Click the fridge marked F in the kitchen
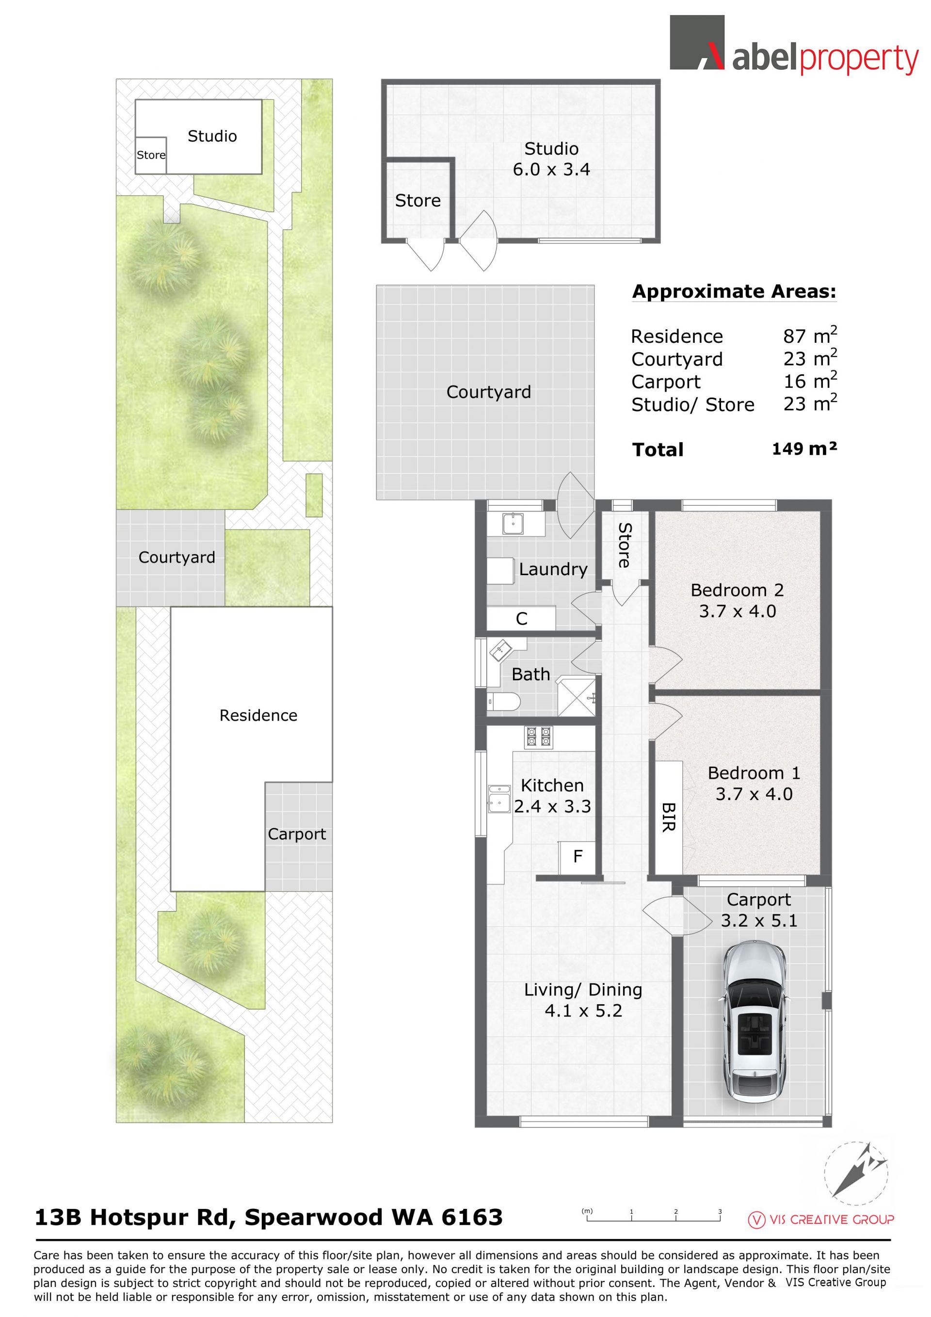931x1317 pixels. point(577,857)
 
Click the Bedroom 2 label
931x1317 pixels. point(737,590)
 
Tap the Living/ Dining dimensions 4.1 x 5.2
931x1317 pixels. point(583,1011)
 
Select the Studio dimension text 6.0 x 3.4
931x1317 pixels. point(551,169)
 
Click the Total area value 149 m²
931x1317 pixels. point(804,448)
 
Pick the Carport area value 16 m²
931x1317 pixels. point(810,380)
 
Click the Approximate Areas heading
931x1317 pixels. point(734,291)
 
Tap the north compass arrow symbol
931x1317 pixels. point(859,1170)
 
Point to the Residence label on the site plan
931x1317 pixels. point(258,715)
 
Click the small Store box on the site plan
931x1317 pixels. point(151,155)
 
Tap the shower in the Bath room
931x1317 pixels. point(577,696)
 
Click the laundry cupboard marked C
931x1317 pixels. point(521,618)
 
